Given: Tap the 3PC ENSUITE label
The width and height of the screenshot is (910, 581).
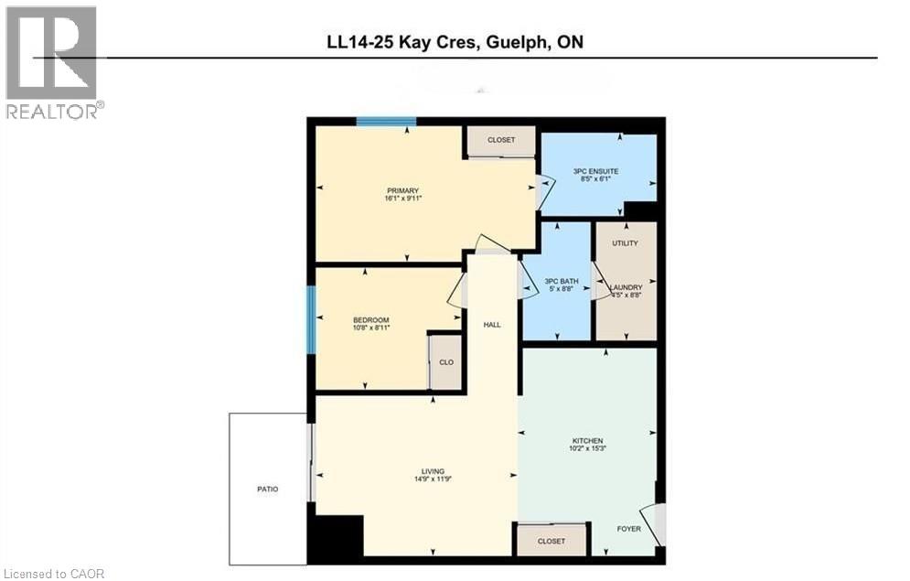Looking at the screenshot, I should pos(596,171).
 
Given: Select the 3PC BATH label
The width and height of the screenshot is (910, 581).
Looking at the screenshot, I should pos(558,281).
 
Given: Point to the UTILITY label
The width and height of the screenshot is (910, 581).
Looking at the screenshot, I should pos(626,242).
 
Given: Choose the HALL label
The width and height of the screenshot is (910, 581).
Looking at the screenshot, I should pos(492,325).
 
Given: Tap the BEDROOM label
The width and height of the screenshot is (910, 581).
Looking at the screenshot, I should pos(371,319).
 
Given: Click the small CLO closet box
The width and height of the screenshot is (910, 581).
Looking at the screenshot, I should pos(446,362).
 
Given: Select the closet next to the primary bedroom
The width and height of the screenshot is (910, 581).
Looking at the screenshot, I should pos(500,140).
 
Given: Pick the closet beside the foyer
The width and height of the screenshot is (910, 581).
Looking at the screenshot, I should pos(551,541).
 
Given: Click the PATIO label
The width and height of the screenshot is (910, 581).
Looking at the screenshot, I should pos(267,490).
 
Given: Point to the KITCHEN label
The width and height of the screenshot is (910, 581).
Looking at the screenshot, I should pos(588,440).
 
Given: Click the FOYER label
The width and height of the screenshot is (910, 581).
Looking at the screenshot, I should pos(628,528).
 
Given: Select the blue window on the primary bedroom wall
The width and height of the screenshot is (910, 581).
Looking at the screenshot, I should pos(386,122).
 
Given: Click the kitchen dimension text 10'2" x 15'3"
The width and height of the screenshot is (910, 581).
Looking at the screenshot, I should pos(588,449).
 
